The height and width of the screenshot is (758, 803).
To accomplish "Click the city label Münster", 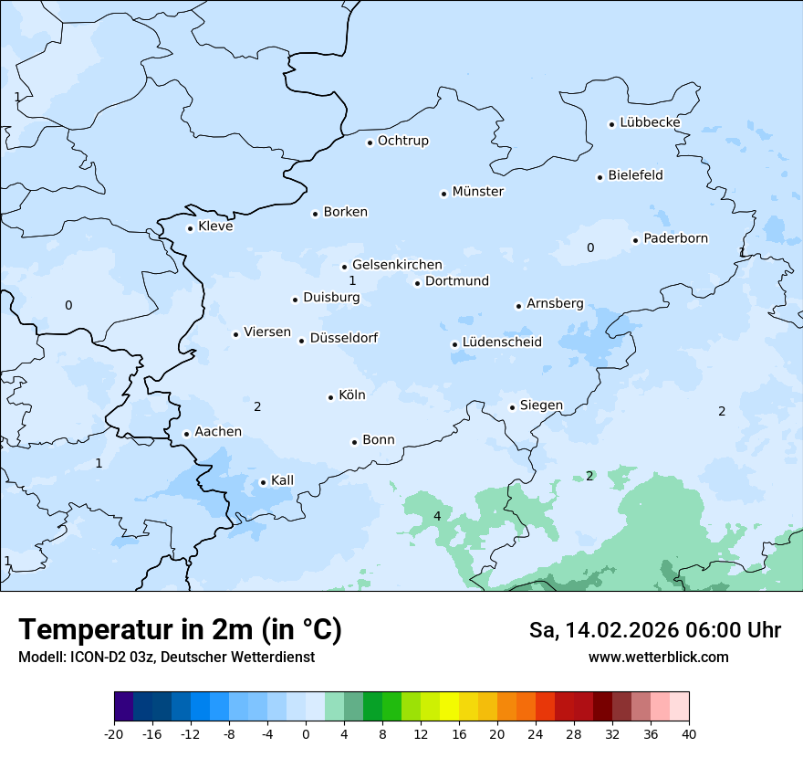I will coord(478,192).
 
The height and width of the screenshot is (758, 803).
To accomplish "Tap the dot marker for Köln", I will coord(330,397).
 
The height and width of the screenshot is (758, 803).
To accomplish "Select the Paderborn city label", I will coord(675,238).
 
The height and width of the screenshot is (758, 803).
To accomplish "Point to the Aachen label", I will coord(218,432).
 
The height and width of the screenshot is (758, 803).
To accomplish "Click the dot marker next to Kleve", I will coord(190,228).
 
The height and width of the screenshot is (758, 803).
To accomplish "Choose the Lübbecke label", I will coord(650,122).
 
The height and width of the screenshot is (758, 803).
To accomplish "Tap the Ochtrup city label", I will coord(402,141).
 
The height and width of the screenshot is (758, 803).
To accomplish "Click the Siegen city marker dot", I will coord(512,407).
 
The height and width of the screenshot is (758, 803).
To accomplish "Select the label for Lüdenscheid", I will coord(502,342).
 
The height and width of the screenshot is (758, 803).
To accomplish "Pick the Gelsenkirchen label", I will coord(397,265).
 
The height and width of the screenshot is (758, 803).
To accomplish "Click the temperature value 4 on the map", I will coord(437,517).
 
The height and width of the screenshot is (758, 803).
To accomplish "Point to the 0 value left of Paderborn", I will coord(590,247).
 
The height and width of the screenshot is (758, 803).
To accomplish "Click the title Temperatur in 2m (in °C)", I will coord(180,630).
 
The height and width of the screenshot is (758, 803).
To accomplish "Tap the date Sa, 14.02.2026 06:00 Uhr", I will coord(654,630).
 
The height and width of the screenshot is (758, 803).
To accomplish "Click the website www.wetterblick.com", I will coord(658,658).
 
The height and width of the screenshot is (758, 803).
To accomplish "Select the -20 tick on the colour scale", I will coord(114,734).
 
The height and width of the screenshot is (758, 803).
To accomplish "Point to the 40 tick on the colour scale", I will coord(689,734).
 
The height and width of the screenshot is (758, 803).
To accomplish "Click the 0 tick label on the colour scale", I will coord(306,734).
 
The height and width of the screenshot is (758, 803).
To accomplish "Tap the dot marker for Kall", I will coord(263,482).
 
